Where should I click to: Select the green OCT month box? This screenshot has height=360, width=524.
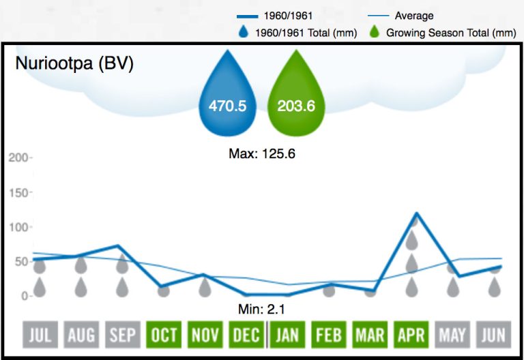[x=164, y=335]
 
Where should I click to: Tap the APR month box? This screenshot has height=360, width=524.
[x=412, y=335]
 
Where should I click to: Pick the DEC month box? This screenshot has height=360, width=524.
[x=246, y=335]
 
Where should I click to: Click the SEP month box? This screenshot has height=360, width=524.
[x=122, y=335]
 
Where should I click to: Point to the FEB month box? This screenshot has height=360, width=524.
[x=329, y=335]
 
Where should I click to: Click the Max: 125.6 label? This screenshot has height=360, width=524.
[x=261, y=153]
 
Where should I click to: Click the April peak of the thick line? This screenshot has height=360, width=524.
[x=416, y=213]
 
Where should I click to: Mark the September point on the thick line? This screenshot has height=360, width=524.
[x=119, y=245]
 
